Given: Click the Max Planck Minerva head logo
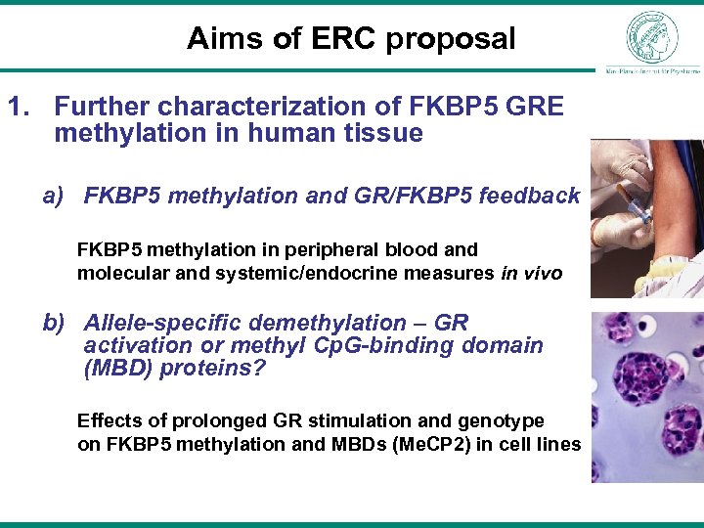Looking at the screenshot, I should pyautogui.click(x=651, y=37).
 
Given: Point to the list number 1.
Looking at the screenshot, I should pyautogui.click(x=18, y=106).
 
